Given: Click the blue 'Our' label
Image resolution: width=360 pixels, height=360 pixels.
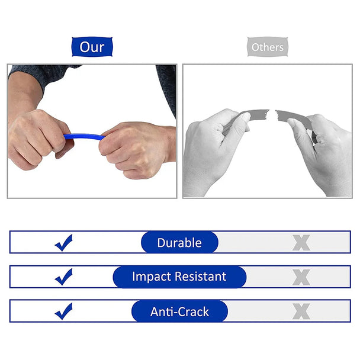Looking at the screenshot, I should [92, 47].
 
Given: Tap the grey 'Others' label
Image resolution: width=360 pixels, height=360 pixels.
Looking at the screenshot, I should [267, 47].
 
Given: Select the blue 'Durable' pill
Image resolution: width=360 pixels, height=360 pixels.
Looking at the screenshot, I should [179, 242].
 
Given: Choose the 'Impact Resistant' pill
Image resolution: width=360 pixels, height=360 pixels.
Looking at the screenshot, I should [179, 277].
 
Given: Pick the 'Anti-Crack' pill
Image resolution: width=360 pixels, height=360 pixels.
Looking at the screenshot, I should [179, 311].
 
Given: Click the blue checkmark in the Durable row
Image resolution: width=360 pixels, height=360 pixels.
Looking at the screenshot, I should [63, 242].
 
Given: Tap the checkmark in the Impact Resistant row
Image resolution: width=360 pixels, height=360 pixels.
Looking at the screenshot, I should [63, 277].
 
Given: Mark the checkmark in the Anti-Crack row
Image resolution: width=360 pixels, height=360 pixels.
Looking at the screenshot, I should [63, 311].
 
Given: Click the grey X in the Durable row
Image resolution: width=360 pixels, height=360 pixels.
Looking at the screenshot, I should [301, 242].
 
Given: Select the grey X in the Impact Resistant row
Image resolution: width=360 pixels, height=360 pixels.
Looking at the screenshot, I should [301, 277].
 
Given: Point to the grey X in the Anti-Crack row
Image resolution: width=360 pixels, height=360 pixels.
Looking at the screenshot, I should [301, 311].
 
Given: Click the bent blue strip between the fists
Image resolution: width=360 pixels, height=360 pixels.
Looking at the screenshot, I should [83, 136].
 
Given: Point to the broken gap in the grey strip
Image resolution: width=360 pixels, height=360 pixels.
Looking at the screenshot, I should [274, 112].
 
